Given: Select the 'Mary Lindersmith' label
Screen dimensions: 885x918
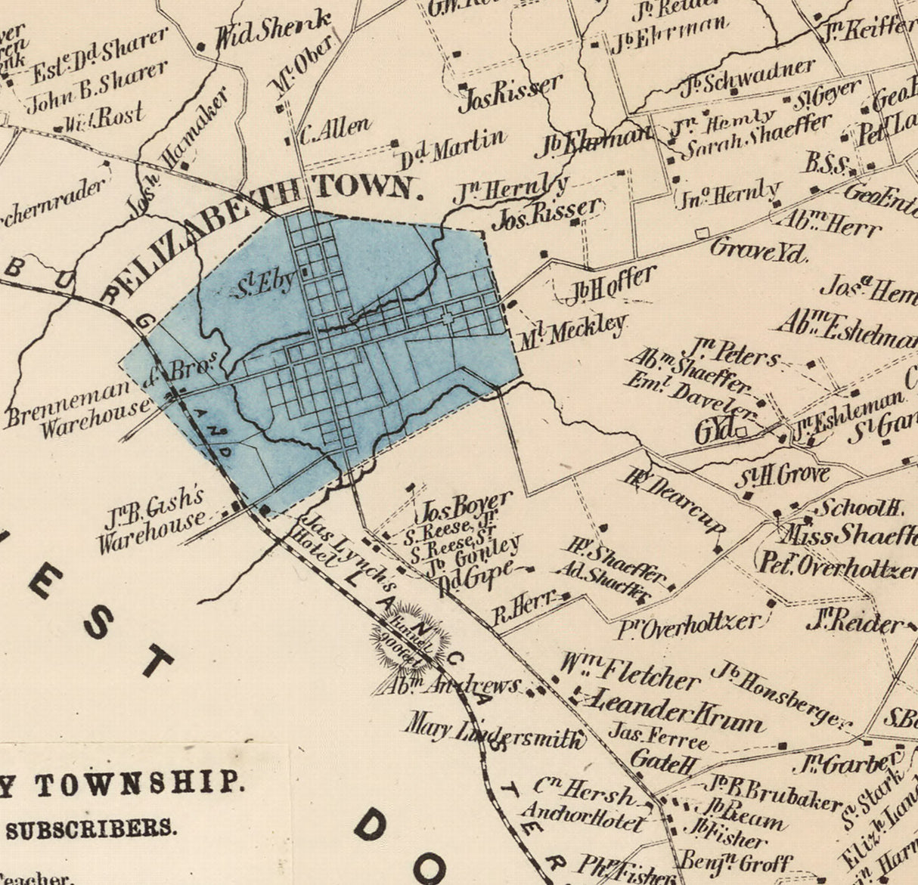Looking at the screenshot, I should coord(495,731).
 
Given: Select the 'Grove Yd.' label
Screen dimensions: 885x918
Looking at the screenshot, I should coord(759,249).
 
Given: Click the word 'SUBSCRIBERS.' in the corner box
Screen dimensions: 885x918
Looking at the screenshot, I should coord(91,828).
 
